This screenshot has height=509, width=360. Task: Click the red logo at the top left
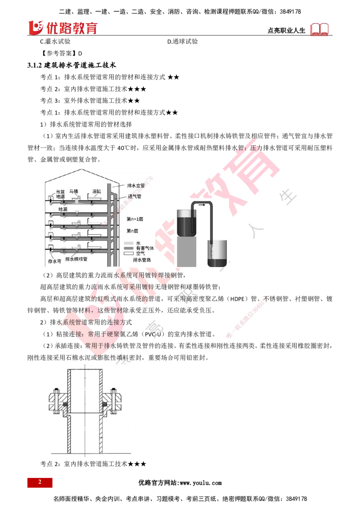63,27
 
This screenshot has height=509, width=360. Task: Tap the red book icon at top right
320,29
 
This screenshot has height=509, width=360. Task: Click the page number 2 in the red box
40,482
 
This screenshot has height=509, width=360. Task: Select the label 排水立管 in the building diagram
136,185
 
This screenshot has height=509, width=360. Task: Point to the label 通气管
135,196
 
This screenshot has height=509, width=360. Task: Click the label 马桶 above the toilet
74,191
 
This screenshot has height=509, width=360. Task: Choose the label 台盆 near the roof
54,191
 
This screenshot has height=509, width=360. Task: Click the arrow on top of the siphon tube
202,205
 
